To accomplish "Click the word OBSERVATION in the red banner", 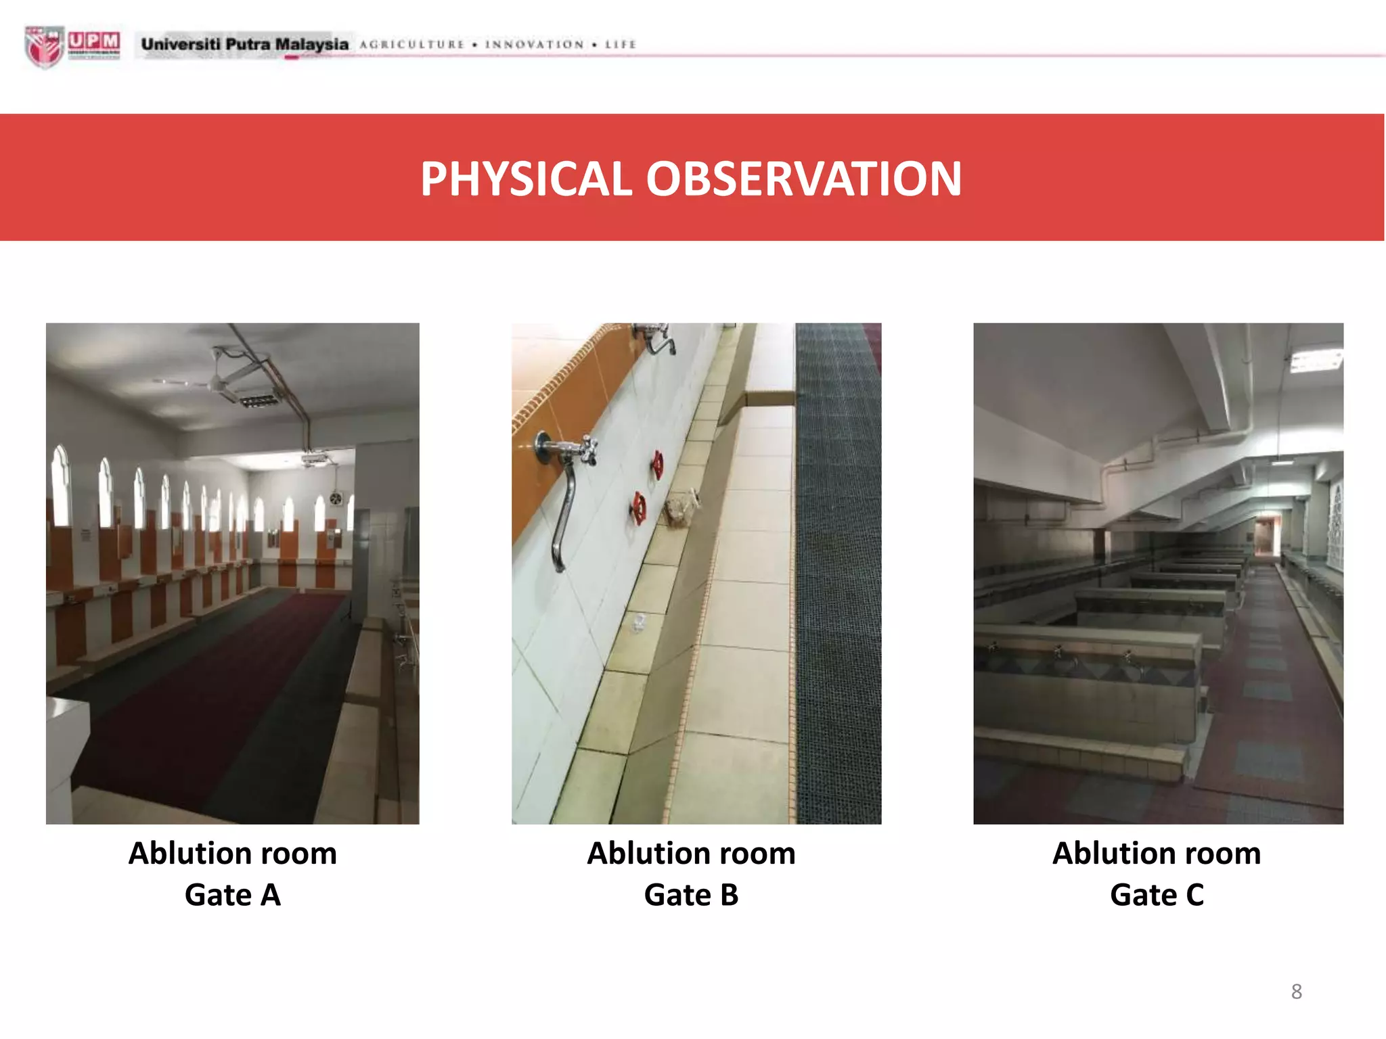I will click(x=803, y=179).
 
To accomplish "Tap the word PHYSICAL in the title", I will click(x=526, y=179).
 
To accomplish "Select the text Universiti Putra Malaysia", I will click(x=244, y=45).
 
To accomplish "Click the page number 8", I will click(x=1296, y=991).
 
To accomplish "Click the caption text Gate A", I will click(x=232, y=895).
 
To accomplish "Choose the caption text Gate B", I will click(x=691, y=895).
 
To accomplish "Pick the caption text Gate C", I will click(x=1157, y=895).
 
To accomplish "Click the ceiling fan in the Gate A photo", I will click(x=217, y=379).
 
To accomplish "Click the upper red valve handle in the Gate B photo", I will click(x=657, y=465).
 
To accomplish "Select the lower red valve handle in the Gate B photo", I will click(x=638, y=508).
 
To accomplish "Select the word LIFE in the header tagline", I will click(x=620, y=45).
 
